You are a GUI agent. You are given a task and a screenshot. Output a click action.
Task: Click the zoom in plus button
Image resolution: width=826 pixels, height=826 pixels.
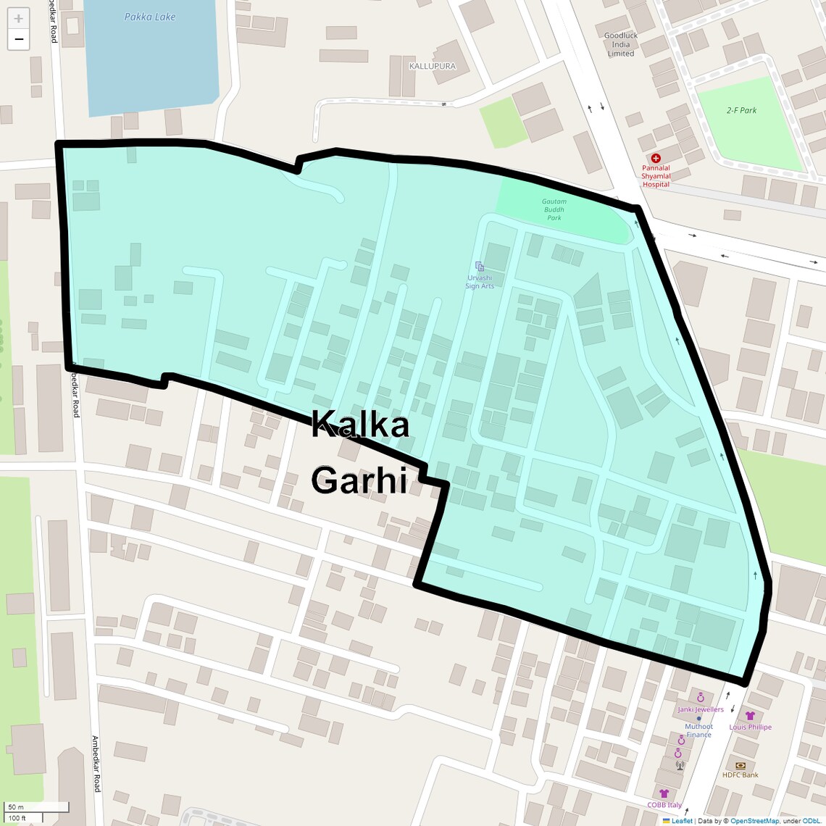[18, 19]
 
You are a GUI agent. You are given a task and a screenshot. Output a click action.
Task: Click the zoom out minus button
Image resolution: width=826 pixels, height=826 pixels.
[18, 39]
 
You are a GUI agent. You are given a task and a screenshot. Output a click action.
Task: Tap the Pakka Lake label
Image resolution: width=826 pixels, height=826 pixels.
[150, 17]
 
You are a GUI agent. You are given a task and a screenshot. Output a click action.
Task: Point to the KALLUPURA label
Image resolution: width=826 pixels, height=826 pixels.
[433, 66]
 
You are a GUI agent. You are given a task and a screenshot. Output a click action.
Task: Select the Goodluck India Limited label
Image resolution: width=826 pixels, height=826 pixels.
[621, 44]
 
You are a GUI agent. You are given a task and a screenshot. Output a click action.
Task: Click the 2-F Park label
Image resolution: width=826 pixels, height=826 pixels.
[741, 110]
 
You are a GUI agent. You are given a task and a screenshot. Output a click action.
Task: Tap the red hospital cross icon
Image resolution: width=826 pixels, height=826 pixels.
[656, 158]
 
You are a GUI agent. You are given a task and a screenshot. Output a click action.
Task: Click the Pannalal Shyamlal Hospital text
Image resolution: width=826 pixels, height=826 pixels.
[656, 176]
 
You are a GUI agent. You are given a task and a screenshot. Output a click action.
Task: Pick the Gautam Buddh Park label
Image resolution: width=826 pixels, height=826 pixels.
[554, 209]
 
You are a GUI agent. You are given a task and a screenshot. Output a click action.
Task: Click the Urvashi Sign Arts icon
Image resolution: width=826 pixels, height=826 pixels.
[480, 267]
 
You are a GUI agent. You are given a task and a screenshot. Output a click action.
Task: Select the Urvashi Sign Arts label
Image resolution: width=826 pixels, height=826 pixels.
[480, 282]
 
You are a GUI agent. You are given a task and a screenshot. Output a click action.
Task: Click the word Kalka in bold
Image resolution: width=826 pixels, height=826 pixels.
[360, 425]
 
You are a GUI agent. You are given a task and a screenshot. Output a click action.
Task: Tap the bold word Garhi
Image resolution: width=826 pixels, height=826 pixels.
[359, 480]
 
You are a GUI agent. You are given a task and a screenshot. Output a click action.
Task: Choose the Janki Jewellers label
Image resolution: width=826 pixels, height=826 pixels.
[701, 709]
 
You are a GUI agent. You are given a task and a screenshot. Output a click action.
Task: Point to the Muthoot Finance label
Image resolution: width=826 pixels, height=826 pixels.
[698, 730]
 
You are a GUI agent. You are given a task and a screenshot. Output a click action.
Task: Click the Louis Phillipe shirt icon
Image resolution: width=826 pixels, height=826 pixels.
[750, 716]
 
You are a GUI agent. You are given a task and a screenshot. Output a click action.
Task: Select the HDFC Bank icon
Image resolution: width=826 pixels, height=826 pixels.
[740, 765]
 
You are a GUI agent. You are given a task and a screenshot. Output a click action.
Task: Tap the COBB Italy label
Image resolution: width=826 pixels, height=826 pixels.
[664, 805]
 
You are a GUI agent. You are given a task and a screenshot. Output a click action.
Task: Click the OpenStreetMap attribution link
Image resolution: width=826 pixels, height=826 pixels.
[754, 821]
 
